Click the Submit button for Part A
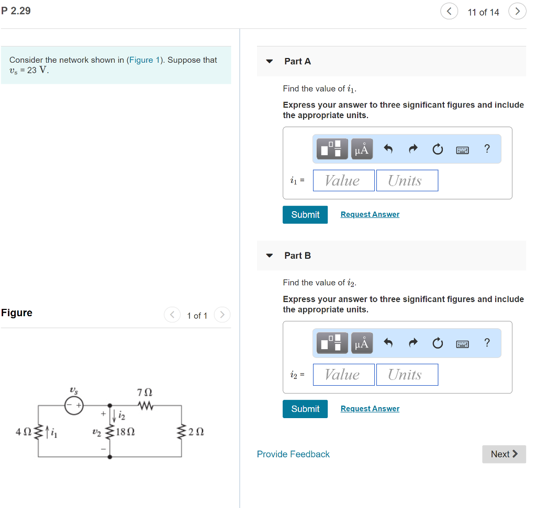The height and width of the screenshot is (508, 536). tap(305, 215)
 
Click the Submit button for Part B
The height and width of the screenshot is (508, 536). tap(305, 409)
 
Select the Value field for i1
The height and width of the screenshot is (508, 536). tap(343, 181)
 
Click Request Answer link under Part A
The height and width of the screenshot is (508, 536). tap(370, 215)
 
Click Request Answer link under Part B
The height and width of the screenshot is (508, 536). tap(370, 409)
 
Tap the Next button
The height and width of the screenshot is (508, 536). tap(504, 454)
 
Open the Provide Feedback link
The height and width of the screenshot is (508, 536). tap(293, 454)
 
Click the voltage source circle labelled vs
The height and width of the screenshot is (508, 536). tap(74, 405)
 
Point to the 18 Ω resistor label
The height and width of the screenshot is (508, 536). tap(126, 432)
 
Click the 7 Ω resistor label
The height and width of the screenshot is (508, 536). tap(144, 392)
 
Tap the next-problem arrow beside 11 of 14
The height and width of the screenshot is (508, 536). tap(517, 11)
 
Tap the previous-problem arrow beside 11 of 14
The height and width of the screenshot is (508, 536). tap(449, 11)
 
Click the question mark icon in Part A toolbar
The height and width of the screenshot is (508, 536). tap(487, 149)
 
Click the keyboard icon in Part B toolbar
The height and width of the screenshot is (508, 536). tap(462, 343)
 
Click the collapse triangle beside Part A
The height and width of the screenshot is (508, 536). tap(270, 61)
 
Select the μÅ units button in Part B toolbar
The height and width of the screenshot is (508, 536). tap(362, 343)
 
